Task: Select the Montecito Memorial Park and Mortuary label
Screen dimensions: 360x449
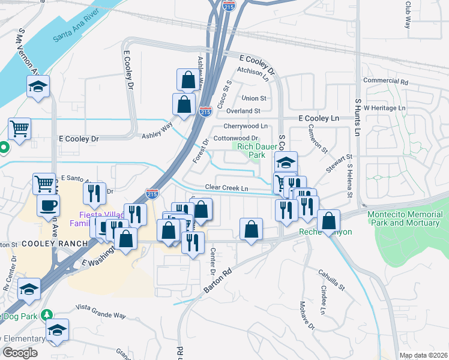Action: (x=408, y=218)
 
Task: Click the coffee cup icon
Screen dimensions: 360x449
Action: (x=48, y=205)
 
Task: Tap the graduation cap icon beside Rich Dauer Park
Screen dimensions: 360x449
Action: (x=286, y=162)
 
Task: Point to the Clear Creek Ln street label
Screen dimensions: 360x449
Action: (x=227, y=188)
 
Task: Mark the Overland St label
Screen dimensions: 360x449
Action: (x=243, y=111)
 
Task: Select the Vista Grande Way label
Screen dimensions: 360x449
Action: (x=101, y=315)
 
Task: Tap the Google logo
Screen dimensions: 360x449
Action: (x=20, y=352)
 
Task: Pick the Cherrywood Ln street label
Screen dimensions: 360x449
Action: (x=246, y=126)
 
